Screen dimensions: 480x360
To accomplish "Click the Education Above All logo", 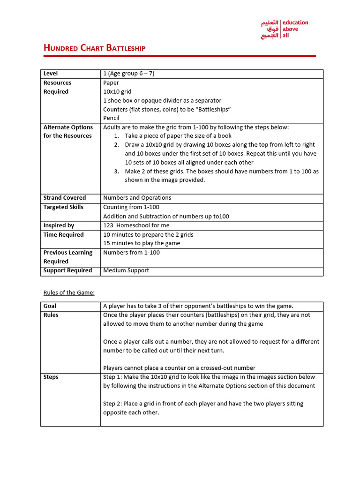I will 285,29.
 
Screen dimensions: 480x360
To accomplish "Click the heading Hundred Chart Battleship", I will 94,48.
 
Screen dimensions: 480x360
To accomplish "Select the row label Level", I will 51,74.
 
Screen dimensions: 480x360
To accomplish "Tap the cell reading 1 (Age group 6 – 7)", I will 129,74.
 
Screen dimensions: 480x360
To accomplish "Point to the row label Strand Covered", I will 64,198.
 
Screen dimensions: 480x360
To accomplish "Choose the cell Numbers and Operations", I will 137,198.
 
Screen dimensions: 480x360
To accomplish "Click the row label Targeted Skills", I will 63,207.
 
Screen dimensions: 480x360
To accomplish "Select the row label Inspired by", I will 59,225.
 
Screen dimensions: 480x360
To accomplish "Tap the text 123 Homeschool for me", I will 136,225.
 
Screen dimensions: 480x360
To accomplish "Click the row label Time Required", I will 63,235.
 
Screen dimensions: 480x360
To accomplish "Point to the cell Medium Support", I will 126,270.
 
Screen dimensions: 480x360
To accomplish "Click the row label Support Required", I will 67,270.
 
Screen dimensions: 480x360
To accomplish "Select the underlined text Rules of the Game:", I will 69,292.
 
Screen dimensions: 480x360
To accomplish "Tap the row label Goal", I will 50,306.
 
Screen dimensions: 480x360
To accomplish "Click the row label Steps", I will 51,377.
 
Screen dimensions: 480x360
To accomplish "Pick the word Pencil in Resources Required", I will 112,118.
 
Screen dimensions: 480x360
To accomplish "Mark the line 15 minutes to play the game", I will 142,243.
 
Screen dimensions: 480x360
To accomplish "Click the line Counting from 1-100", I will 131,207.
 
